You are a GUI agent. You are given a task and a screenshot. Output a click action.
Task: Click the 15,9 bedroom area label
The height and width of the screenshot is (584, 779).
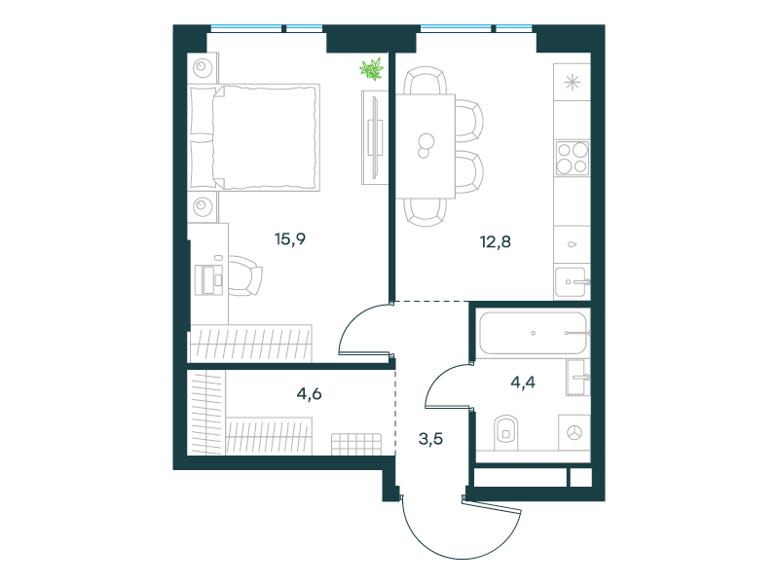tap(290, 239)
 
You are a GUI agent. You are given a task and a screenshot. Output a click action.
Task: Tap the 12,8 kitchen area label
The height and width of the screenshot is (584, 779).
tap(496, 241)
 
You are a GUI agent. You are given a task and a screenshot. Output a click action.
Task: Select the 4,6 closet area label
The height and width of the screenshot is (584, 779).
tap(309, 394)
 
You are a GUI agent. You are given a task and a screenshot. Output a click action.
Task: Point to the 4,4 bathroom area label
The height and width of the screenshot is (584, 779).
tap(523, 382)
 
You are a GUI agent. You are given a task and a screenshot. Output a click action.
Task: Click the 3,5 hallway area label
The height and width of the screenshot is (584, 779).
tap(430, 439)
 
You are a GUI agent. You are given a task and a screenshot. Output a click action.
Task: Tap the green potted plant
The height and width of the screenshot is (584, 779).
tap(372, 68)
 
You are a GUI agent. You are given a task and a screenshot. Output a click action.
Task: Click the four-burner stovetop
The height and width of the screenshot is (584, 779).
tap(572, 158)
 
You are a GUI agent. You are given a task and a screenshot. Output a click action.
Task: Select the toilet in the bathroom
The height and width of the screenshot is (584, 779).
tap(505, 431)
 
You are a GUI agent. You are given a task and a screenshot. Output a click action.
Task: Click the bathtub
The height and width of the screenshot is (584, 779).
tap(534, 333)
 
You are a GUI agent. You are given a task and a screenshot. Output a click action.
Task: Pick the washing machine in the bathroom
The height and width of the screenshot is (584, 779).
tap(575, 432)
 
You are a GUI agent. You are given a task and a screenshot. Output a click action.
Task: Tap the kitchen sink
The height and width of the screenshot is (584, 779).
tap(572, 282)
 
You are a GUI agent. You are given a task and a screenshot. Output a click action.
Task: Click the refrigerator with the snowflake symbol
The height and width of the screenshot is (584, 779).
tap(572, 82)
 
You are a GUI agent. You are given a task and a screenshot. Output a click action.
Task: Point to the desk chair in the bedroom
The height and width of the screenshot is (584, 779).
tap(245, 275)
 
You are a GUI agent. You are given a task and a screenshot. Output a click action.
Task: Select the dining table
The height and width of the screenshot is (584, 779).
tap(426, 146)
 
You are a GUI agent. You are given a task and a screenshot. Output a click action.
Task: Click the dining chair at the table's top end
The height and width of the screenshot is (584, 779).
tap(425, 81)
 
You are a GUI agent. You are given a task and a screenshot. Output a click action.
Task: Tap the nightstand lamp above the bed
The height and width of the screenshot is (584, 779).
tap(203, 67)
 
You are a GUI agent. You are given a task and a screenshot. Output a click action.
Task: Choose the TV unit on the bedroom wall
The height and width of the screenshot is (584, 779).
tap(374, 137)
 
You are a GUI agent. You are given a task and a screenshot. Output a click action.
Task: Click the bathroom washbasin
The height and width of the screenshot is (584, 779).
tap(577, 378)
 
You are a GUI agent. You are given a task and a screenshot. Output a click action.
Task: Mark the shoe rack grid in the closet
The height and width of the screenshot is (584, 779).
tap(356, 444)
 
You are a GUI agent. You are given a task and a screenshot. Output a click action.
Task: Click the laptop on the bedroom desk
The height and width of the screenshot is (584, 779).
tap(209, 280)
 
